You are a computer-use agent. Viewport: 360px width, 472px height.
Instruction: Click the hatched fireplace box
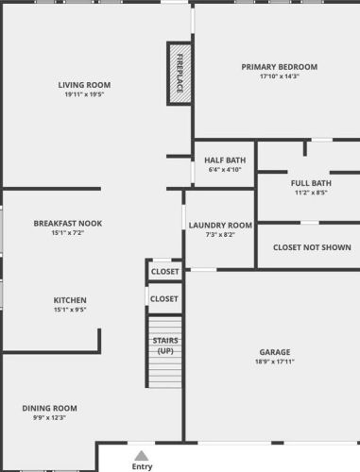point(180,74)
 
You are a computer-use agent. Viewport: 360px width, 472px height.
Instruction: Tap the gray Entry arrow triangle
point(142,456)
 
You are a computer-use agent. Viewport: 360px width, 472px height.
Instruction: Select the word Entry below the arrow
point(142,466)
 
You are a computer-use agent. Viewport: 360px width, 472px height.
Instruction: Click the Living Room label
point(84,85)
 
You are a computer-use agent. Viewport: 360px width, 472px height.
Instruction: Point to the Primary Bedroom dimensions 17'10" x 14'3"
point(280,76)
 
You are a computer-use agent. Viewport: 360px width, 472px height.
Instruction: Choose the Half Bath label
point(225,160)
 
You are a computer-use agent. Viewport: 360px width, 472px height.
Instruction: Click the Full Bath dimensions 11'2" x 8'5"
point(311,193)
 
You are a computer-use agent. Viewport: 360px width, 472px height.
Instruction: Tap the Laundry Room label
point(220,226)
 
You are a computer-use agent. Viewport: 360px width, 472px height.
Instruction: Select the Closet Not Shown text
point(312,247)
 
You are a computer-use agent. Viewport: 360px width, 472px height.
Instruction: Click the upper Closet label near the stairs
point(164,272)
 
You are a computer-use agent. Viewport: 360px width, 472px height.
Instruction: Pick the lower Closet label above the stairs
point(164,299)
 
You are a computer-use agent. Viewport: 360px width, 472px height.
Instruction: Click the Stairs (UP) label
point(165,346)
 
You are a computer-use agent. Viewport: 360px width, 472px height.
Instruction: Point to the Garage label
point(275,352)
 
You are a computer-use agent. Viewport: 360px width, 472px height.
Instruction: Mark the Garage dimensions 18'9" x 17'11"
point(275,362)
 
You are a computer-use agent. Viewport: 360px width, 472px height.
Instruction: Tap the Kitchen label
point(70,300)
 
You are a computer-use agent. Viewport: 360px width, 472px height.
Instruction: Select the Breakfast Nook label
point(68,224)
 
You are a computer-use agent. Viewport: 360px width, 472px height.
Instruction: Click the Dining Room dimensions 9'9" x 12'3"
point(49,418)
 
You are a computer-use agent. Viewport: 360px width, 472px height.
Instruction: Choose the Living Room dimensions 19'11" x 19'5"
point(84,94)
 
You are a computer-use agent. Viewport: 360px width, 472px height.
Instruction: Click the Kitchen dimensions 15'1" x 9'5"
point(70,310)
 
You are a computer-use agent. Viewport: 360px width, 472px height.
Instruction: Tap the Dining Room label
point(49,409)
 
